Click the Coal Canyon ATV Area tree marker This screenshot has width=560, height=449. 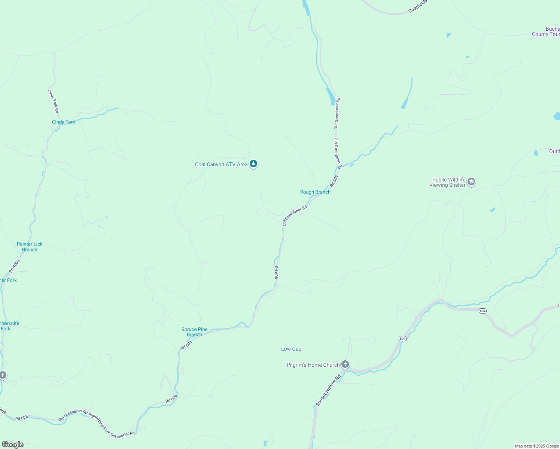[253, 164]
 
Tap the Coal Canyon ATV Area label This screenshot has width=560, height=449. [221, 165]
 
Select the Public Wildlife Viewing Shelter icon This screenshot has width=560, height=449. [471, 182]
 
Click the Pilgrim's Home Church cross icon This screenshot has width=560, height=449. [345, 364]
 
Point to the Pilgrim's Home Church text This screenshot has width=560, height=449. [313, 365]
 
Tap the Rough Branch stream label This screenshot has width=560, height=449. [315, 192]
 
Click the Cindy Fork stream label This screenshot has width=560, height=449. [63, 122]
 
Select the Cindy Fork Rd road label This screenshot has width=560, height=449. [53, 101]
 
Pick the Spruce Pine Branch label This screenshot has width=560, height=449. [194, 332]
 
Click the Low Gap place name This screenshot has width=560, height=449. [291, 349]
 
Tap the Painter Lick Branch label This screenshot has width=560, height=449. [30, 247]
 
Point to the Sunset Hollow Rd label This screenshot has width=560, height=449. [328, 390]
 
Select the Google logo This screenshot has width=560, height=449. [13, 445]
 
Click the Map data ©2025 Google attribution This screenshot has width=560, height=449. [536, 446]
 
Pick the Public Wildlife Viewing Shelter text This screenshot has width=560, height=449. [448, 183]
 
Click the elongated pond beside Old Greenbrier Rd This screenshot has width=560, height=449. [331, 97]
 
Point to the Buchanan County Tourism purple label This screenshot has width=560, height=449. [546, 32]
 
